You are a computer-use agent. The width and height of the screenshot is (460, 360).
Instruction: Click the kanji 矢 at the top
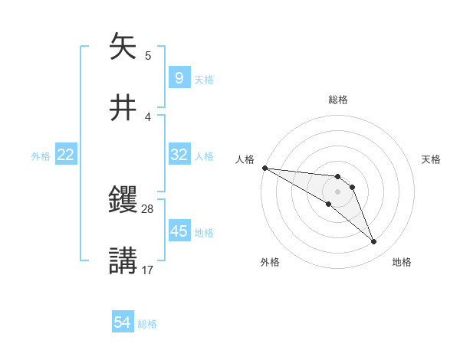click(124, 47)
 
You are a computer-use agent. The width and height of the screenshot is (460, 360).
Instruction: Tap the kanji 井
click(124, 107)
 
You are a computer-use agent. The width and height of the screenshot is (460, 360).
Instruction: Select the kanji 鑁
click(124, 201)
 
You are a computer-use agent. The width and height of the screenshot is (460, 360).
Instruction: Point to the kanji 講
click(124, 260)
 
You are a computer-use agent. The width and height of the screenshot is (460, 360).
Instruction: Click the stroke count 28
click(148, 208)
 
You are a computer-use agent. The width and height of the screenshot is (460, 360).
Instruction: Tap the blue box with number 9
click(179, 78)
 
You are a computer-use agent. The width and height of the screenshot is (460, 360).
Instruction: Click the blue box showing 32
click(179, 155)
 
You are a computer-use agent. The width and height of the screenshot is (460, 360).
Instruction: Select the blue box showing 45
click(179, 231)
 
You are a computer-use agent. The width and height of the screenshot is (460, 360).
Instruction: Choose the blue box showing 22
click(65, 155)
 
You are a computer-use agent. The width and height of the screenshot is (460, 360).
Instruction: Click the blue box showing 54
click(122, 323)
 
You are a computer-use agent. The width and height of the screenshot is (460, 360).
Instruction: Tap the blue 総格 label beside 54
click(147, 324)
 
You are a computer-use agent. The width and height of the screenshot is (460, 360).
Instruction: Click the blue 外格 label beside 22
click(41, 156)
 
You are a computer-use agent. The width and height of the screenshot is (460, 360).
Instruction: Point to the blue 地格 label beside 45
click(204, 232)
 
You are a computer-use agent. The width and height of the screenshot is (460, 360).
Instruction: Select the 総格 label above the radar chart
click(337, 100)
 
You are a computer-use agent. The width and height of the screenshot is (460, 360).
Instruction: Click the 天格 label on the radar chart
click(432, 159)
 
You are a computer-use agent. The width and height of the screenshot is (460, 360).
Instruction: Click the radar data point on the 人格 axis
click(264, 168)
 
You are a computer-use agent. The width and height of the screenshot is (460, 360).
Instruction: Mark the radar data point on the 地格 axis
click(373, 242)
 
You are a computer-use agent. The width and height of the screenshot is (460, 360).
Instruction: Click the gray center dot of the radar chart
click(337, 191)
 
